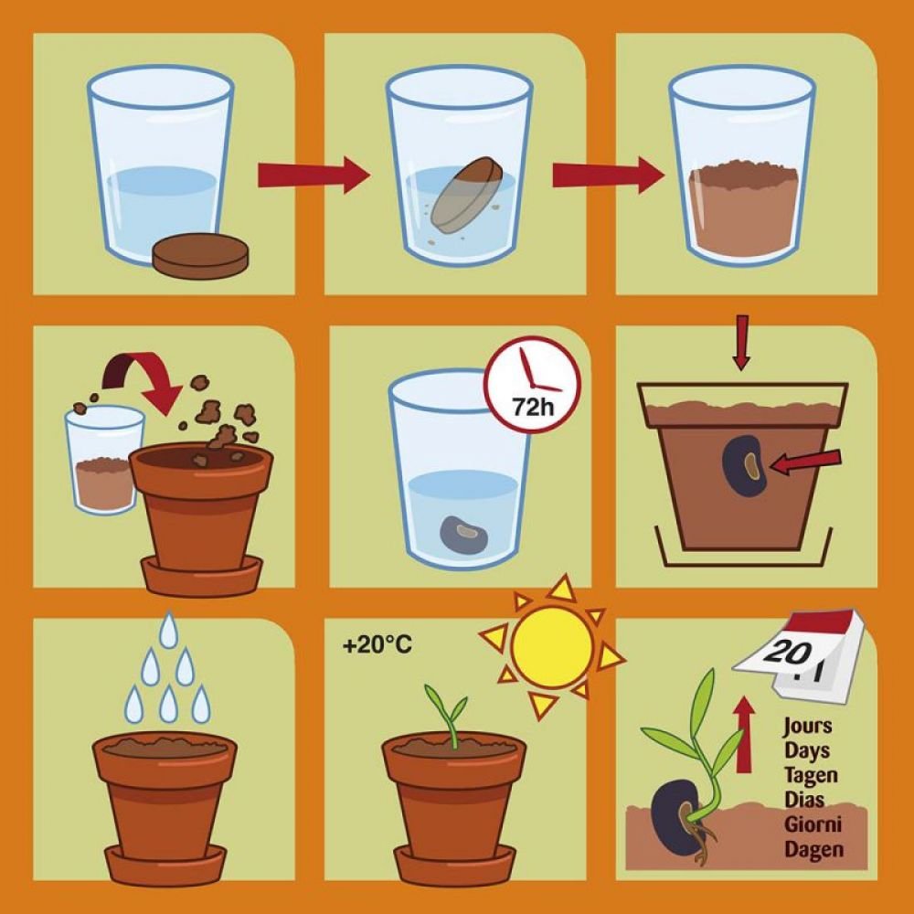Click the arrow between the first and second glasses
pos(314,175)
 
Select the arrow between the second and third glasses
pos(609,175)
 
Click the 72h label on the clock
pos(534,407)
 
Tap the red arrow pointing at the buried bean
pos(805,462)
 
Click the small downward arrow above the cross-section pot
pos(741,343)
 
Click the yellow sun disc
pos(552,647)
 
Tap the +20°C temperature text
pos(377,645)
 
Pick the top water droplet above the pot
pos(168,629)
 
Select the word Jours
pos(807,727)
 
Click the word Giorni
pos(812,824)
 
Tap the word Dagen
pos(813,849)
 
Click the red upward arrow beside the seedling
pos(743,735)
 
